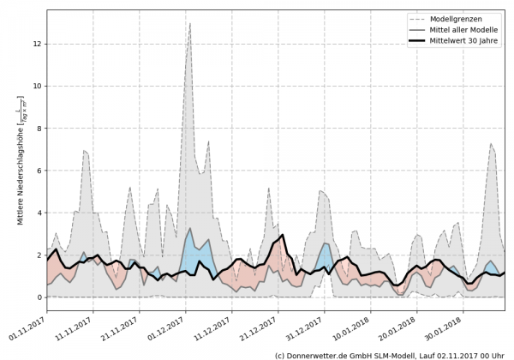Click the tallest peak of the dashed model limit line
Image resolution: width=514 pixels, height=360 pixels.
[213, 24]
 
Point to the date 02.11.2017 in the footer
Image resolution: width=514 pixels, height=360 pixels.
[457, 353]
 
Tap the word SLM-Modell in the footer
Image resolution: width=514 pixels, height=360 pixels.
[403, 353]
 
